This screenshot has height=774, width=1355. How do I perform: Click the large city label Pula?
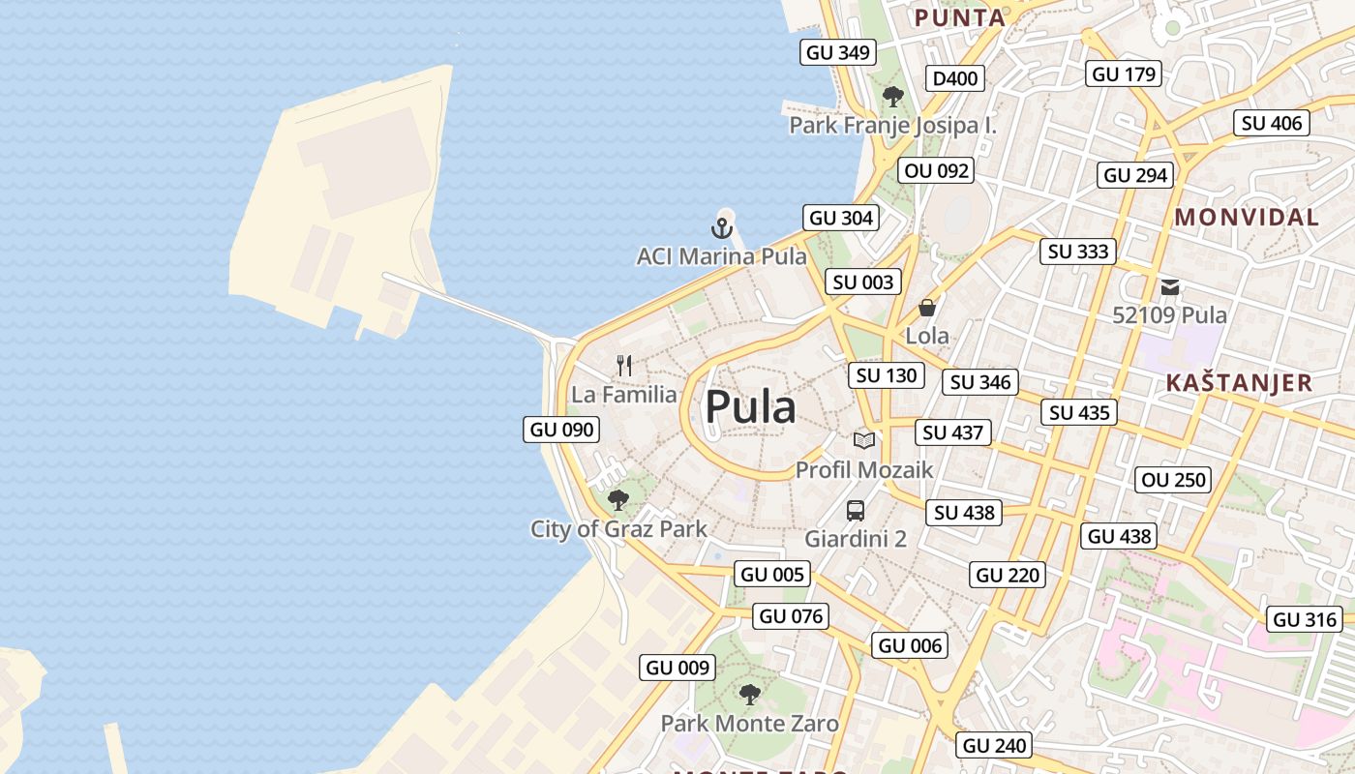coord(750,407)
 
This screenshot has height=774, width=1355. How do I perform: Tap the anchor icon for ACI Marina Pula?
coord(721,228)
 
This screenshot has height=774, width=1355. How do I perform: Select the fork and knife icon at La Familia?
coord(624,366)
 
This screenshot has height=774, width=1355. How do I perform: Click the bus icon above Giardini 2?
coord(856,510)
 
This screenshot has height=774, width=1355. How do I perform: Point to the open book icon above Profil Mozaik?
coord(864,440)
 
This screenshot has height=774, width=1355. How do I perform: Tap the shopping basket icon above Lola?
coord(927,308)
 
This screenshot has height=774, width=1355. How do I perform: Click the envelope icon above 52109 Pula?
coord(1170,286)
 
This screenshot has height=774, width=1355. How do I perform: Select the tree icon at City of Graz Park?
coord(618,500)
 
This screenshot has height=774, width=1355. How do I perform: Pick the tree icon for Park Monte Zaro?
coord(749,694)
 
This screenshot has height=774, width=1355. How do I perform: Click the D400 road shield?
coord(954,78)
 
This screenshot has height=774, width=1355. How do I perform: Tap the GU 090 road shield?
coord(561,430)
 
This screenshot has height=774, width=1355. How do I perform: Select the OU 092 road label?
coord(935,171)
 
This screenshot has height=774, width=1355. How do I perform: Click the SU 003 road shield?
coord(863,283)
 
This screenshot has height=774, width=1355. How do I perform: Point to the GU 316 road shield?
coord(1305,620)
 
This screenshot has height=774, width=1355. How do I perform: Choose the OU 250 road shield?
coord(1173,480)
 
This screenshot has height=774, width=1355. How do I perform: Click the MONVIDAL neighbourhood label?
coord(1247,218)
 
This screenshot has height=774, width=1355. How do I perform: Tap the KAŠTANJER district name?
coord(1239,382)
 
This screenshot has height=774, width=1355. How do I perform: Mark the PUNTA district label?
coord(960,17)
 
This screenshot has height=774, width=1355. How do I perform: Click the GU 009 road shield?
coord(677,668)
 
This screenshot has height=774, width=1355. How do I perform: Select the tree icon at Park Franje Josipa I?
coord(893,96)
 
